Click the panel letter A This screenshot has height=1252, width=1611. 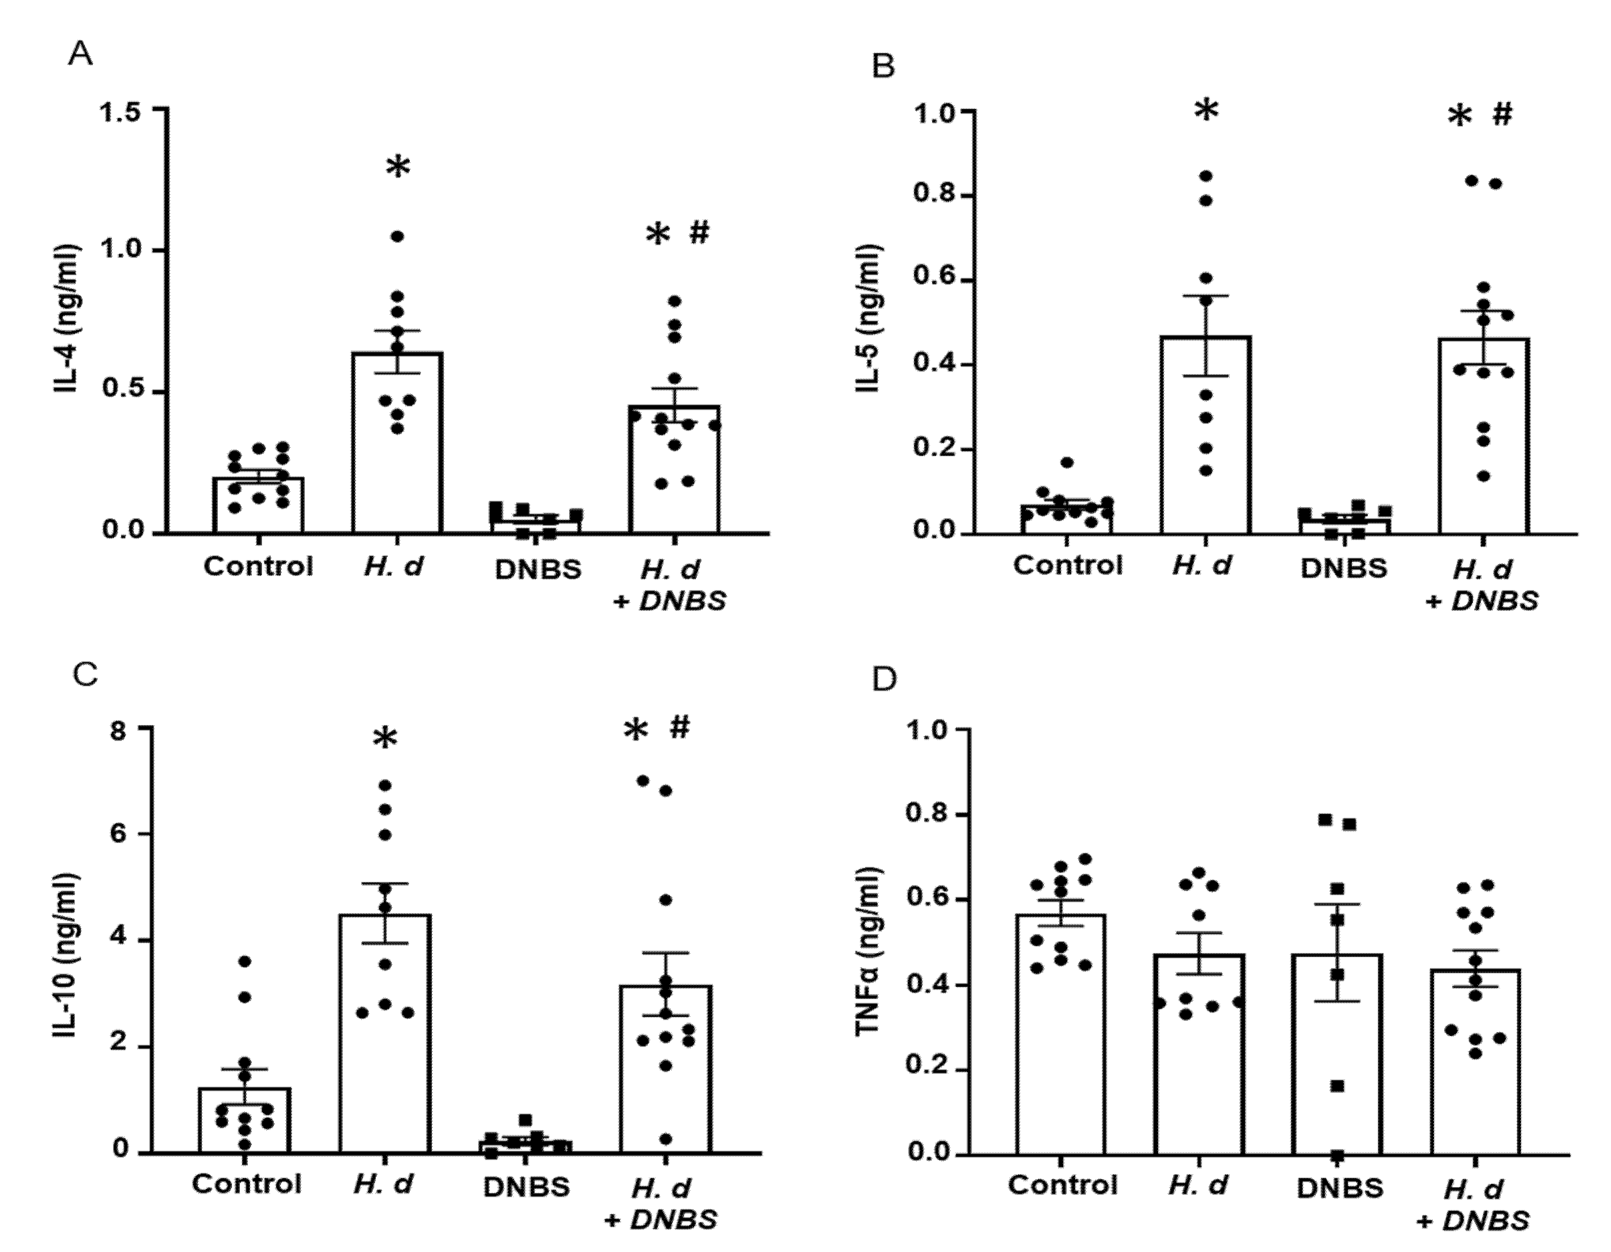point(80,54)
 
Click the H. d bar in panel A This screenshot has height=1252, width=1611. point(397,443)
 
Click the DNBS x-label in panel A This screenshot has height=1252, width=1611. point(538,570)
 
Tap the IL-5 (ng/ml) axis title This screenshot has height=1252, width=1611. point(871,319)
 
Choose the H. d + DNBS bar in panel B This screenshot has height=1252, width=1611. point(1483,435)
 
